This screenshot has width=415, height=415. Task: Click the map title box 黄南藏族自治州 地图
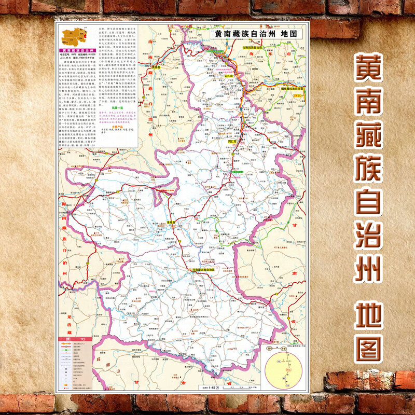pyautogui.click(x=251, y=33)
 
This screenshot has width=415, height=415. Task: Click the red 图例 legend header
pyautogui.click(x=73, y=340)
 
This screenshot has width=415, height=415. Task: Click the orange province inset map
pyautogui.click(x=72, y=36)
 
